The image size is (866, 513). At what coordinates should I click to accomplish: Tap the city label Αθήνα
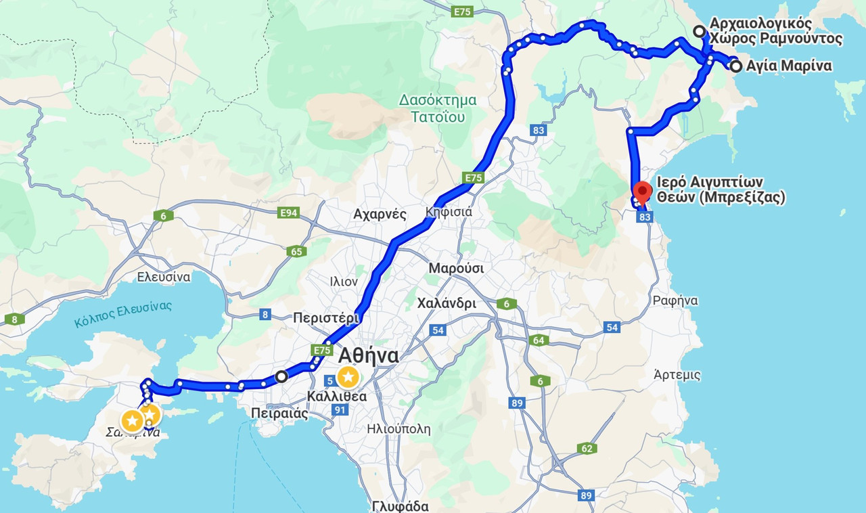pyautogui.click(x=368, y=355)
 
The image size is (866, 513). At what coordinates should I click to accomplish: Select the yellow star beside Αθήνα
pyautogui.click(x=348, y=376)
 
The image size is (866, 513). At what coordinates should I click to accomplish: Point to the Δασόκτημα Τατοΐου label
pyautogui.click(x=437, y=108)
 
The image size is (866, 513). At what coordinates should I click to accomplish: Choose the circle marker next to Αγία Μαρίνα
pyautogui.click(x=735, y=66)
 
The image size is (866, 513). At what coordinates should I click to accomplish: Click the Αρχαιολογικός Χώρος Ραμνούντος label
pyautogui.click(x=775, y=31)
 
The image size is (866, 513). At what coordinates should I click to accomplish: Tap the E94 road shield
pyautogui.click(x=289, y=213)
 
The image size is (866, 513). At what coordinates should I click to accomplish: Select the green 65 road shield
pyautogui.click(x=296, y=251)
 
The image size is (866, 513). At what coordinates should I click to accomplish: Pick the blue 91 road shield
pyautogui.click(x=340, y=410)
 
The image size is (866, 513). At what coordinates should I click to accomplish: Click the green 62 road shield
pyautogui.click(x=587, y=448)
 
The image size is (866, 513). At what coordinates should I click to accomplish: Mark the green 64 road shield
pyautogui.click(x=539, y=340)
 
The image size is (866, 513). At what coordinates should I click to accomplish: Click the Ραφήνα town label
pyautogui.click(x=675, y=300)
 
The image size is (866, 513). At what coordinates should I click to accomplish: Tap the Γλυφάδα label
pyautogui.click(x=401, y=506)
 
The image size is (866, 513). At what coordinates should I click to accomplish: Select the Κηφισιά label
pyautogui.click(x=449, y=212)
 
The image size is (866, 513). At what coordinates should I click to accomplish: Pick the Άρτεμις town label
pyautogui.click(x=677, y=374)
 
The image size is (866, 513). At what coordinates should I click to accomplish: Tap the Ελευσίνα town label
pyautogui.click(x=164, y=276)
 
